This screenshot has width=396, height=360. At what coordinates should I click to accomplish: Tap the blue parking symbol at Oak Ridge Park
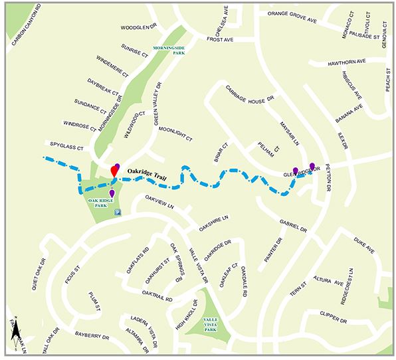118,213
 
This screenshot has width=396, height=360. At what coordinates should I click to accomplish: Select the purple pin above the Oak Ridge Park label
112,193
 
